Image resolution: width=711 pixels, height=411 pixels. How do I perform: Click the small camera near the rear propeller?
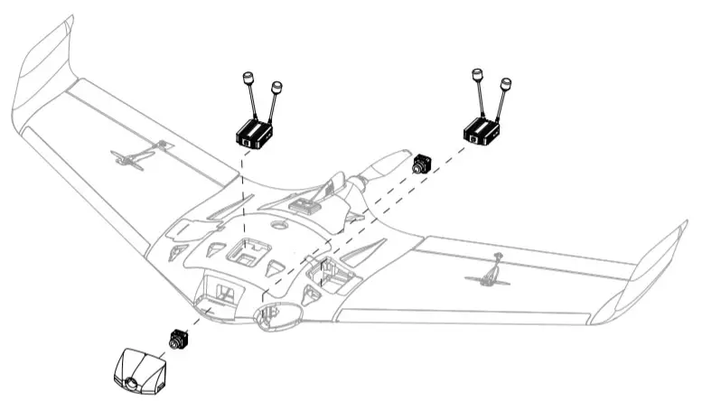click(421, 165)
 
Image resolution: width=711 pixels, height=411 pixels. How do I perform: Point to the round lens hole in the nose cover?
click(132, 383)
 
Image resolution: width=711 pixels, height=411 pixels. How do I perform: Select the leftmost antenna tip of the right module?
click(476, 71)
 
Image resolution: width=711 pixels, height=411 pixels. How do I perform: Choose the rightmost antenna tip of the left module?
click(276, 89)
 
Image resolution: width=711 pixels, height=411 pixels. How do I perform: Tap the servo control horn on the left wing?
click(136, 159)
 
